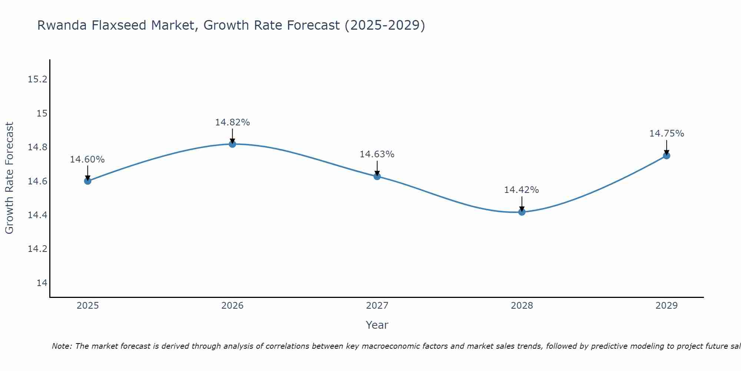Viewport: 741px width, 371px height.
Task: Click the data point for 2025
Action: click(x=88, y=181)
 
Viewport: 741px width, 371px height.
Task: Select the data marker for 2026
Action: click(x=232, y=144)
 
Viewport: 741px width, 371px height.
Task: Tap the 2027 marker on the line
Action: click(x=377, y=176)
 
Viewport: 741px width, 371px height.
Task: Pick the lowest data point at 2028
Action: click(x=522, y=212)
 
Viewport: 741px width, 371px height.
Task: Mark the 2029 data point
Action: click(x=667, y=155)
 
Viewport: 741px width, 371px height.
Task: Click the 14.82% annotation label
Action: click(x=232, y=122)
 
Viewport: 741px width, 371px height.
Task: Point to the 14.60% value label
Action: click(x=87, y=160)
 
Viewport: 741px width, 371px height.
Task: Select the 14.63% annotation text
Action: click(x=377, y=154)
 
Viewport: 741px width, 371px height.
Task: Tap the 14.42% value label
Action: click(x=521, y=190)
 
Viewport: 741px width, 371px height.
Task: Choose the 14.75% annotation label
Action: click(x=667, y=134)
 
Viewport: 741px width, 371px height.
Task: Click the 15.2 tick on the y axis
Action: click(x=38, y=79)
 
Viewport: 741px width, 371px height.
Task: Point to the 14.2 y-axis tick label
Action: click(x=38, y=249)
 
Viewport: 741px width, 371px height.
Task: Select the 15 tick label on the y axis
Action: click(x=42, y=113)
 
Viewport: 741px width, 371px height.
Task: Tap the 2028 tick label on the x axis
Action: click(x=522, y=306)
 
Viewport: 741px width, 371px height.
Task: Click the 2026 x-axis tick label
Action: click(x=232, y=306)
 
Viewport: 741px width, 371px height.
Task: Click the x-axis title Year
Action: click(x=377, y=325)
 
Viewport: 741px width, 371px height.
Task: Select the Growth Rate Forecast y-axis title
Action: click(x=10, y=178)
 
